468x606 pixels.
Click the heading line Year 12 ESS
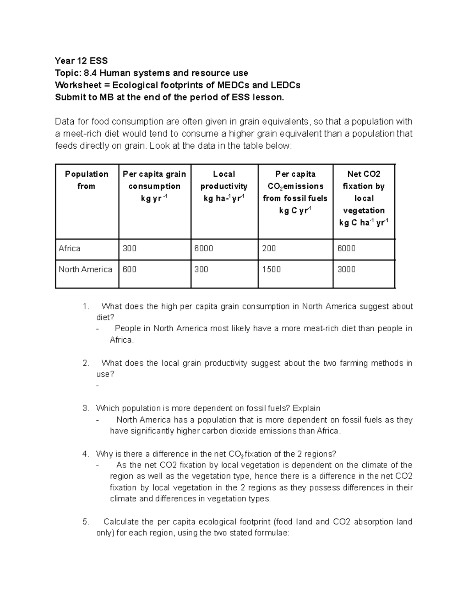[x=81, y=61]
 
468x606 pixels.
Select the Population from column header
[x=87, y=180]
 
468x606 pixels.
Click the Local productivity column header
[x=224, y=186]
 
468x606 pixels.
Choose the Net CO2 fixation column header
[x=364, y=198]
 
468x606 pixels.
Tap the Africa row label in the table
[x=69, y=249]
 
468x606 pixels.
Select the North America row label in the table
[x=85, y=269]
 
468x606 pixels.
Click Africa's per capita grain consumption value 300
[x=129, y=249]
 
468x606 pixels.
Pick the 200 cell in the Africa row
[x=269, y=249]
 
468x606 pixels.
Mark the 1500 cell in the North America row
[x=271, y=269]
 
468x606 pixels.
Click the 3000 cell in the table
[x=346, y=269]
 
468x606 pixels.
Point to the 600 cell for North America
[x=129, y=269]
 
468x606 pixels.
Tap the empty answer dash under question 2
[x=97, y=386]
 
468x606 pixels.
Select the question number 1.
[x=86, y=307]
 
